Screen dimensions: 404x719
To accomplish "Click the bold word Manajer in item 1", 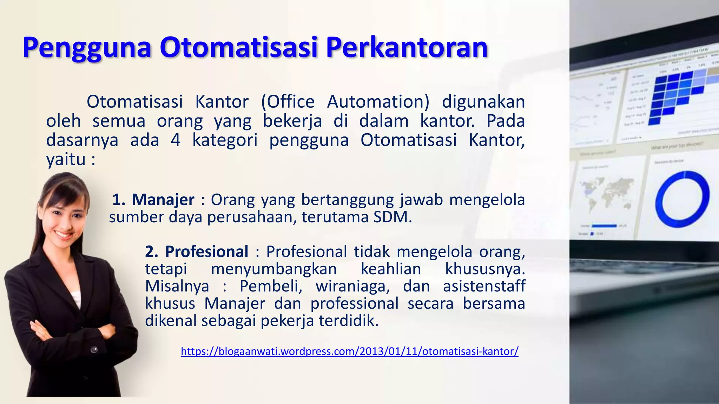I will (163, 200).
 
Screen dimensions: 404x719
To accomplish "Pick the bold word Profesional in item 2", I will (207, 252).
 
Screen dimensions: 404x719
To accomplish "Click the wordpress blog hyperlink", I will (349, 351).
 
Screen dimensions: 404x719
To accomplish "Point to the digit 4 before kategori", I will (176, 140).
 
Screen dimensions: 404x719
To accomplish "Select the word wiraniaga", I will (352, 286).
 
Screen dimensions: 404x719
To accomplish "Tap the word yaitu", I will (66, 160).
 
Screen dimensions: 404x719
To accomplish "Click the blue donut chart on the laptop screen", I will (682, 199).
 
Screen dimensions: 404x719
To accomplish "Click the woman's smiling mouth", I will (63, 234).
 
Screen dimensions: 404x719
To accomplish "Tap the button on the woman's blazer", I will (94, 350).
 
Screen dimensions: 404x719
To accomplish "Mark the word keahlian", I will (391, 269).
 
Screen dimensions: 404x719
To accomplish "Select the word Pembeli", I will (271, 286).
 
